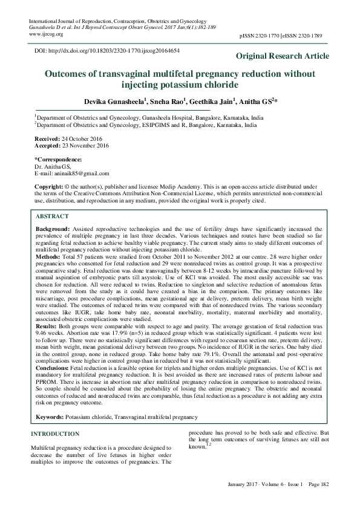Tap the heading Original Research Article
tap(283, 56)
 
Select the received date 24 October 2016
tap(77, 139)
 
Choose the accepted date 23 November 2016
tap(80, 146)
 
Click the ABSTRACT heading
tap(53, 216)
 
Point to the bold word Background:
tap(53, 230)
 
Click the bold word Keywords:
tap(50, 418)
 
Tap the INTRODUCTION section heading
tap(54, 434)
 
